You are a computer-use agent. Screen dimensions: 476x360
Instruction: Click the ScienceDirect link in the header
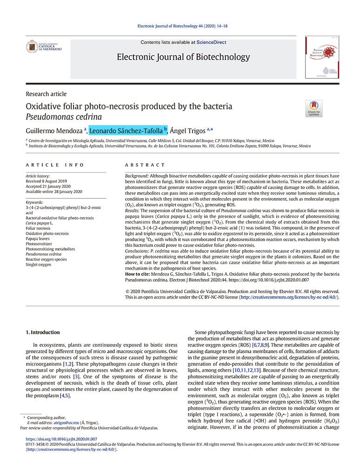point(211,42)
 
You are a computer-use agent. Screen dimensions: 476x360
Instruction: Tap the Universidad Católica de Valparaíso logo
point(43,46)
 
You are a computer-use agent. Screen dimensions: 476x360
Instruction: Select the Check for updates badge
point(313,108)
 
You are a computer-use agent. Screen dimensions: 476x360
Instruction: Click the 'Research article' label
point(46,94)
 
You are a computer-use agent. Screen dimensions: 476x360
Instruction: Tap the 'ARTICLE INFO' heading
point(55,165)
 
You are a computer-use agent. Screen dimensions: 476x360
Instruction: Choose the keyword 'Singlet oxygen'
point(39,264)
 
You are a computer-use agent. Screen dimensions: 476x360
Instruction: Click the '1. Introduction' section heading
point(42,332)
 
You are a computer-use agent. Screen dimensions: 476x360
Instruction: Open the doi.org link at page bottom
point(61,439)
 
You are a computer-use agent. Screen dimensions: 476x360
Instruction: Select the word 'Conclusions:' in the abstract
point(139,251)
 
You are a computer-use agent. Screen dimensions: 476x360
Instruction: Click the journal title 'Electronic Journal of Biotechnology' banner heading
point(183,57)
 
